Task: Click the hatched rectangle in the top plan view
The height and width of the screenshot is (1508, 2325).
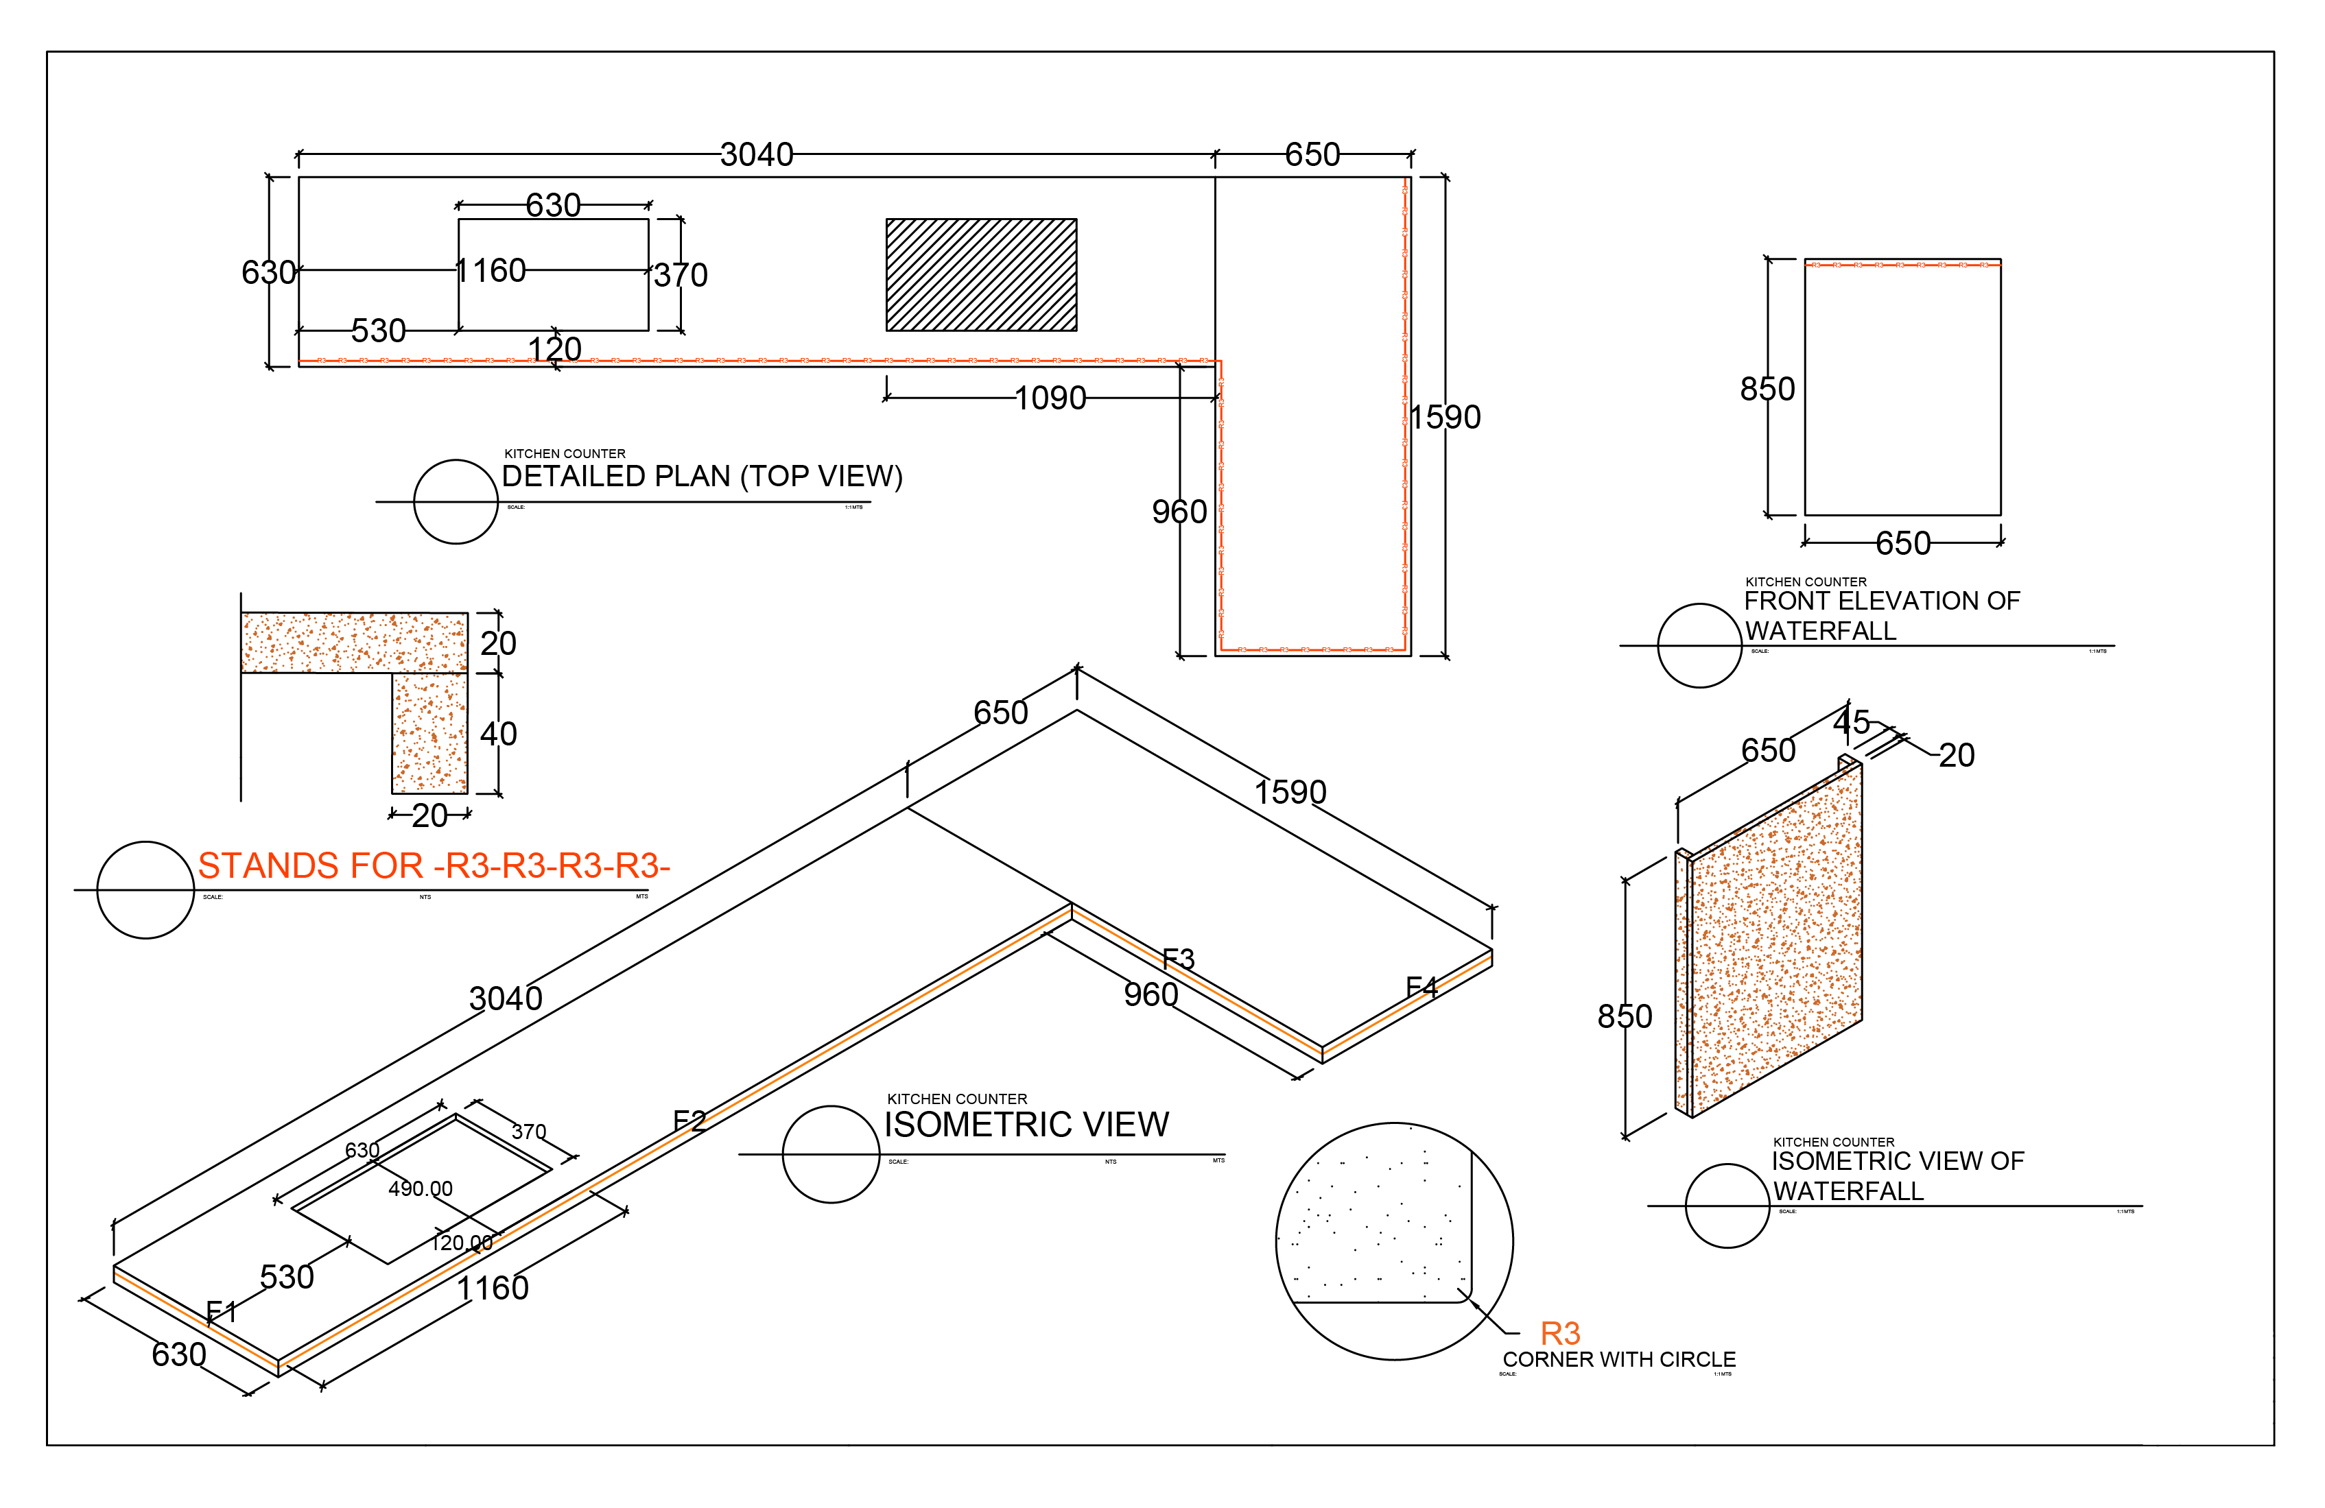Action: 981,274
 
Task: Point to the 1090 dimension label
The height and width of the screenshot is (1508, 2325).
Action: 1050,398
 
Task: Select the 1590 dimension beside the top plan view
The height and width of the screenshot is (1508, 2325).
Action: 1445,417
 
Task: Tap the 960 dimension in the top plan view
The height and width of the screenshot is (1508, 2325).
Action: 1179,511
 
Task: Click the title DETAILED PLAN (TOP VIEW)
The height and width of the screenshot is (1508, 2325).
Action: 701,476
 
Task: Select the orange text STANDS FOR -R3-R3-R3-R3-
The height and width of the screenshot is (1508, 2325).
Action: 434,865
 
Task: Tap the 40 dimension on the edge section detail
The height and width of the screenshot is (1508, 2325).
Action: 498,734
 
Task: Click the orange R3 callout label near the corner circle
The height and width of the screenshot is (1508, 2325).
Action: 1560,1333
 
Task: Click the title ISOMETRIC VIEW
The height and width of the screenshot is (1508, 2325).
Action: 1026,1124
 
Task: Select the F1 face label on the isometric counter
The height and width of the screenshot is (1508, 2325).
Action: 222,1310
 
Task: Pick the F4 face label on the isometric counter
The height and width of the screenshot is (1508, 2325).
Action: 1421,988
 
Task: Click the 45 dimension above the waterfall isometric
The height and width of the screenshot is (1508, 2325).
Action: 1851,722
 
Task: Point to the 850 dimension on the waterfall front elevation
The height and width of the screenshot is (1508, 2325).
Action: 1767,389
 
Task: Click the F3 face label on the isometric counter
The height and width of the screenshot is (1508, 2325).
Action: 1178,959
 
